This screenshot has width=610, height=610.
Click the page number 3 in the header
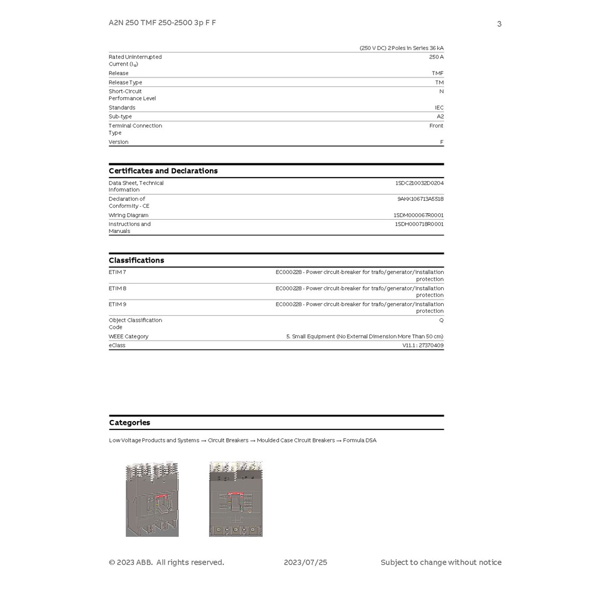pos(499,24)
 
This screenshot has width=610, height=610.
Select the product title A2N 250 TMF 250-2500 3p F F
pos(162,23)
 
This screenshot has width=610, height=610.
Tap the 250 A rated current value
pos(436,57)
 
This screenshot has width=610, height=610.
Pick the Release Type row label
pos(125,82)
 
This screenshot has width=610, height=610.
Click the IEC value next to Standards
pos(439,108)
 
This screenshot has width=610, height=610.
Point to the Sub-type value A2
pos(440,117)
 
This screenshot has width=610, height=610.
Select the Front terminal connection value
pos(436,126)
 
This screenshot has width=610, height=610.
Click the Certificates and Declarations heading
pos(163,171)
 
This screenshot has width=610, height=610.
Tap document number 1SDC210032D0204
pos(419,183)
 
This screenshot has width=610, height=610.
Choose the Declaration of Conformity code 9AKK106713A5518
pos(421,199)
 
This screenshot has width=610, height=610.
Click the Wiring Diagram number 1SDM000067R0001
pos(418,215)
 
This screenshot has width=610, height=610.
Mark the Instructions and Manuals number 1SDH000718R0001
pos(419,224)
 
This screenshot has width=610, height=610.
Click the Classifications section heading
pos(136,260)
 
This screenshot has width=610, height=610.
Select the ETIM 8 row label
pos(117,288)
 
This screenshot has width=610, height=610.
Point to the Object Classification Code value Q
pos(441,320)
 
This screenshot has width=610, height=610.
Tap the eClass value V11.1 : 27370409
pos(422,346)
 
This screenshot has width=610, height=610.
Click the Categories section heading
pos(129,423)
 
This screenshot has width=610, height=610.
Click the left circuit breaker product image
pos(152,499)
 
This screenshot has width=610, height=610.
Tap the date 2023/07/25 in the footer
pos(306,562)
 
